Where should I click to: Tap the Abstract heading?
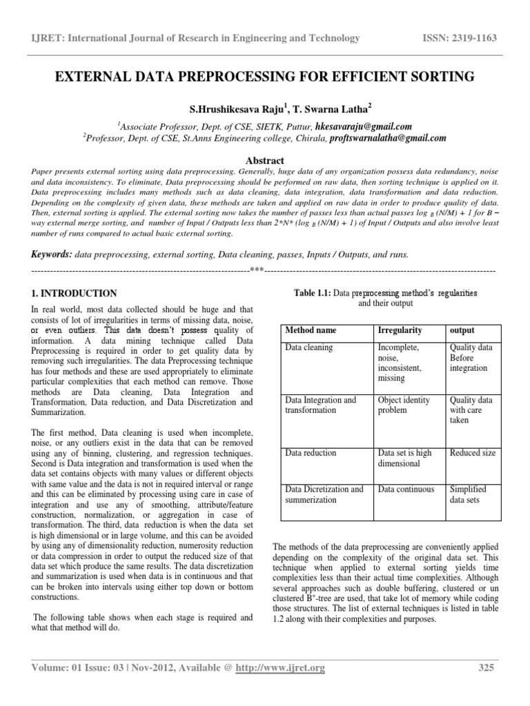(265, 159)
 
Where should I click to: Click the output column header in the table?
(462, 330)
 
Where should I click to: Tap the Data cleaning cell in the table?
(308, 348)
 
